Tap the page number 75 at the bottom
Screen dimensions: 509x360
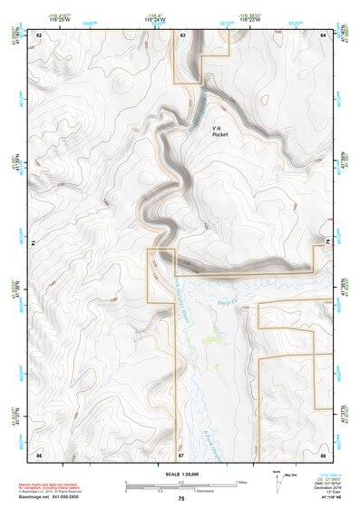click(180, 499)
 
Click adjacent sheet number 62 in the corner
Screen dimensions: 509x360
click(39, 34)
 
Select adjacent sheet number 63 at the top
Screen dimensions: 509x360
click(182, 34)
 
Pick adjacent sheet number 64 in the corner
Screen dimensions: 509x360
click(323, 34)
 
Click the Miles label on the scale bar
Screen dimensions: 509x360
click(239, 482)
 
